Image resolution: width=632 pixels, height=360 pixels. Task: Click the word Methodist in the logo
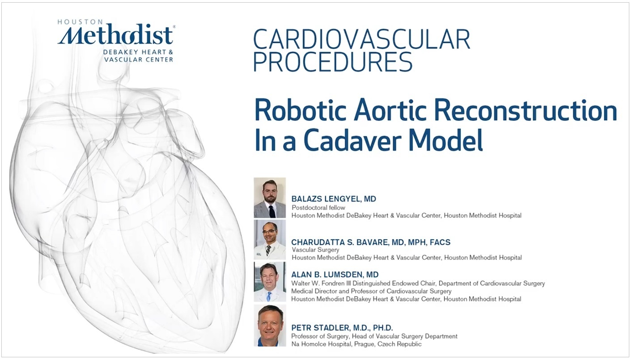pyautogui.click(x=116, y=35)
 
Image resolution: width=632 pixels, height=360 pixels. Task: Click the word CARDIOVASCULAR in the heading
pyautogui.click(x=361, y=39)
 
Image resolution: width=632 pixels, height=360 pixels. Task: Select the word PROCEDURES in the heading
pyautogui.click(x=333, y=62)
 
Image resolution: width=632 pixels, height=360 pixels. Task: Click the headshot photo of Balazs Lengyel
pyautogui.click(x=270, y=198)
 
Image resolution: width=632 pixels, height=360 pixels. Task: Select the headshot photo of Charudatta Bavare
pyautogui.click(x=270, y=240)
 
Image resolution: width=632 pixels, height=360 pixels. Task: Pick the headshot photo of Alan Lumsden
pyautogui.click(x=270, y=282)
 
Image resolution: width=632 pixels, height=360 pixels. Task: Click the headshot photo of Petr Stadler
pyautogui.click(x=270, y=326)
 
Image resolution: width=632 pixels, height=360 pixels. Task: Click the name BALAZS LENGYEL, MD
pyautogui.click(x=334, y=199)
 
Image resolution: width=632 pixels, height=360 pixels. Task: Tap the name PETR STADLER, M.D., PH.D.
pyautogui.click(x=342, y=327)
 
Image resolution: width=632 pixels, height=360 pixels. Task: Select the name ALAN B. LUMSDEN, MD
pyautogui.click(x=335, y=275)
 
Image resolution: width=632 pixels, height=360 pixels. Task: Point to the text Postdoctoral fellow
pyautogui.click(x=318, y=208)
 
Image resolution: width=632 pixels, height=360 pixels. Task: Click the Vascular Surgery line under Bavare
pyautogui.click(x=315, y=250)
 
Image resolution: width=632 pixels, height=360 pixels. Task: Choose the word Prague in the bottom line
pyautogui.click(x=361, y=344)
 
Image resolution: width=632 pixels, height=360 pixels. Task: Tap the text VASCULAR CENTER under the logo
pyautogui.click(x=139, y=59)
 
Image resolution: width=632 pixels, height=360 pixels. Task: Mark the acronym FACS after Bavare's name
pyautogui.click(x=440, y=242)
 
